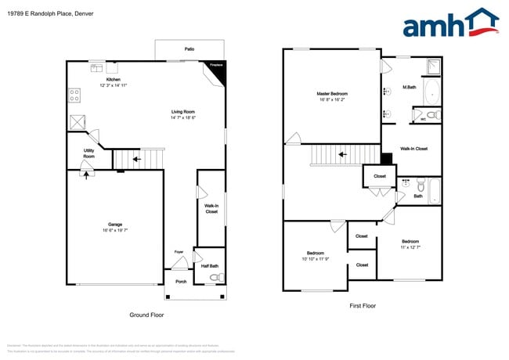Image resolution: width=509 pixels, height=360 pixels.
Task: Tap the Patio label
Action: click(189, 49)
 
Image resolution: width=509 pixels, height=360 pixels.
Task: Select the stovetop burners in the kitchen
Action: click(74, 95)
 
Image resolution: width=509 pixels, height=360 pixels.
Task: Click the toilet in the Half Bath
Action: click(218, 276)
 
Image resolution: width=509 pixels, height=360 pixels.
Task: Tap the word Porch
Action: click(181, 282)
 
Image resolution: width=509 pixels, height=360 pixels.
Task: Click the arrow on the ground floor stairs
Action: click(137, 160)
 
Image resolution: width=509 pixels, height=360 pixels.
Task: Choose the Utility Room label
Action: click(88, 153)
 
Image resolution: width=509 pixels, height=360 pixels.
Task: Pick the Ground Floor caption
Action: click(146, 315)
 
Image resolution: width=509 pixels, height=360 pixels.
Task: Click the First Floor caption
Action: click(363, 306)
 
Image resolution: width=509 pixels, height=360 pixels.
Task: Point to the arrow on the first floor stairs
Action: click(341, 155)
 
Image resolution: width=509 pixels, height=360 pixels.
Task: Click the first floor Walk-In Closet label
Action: click(413, 148)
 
